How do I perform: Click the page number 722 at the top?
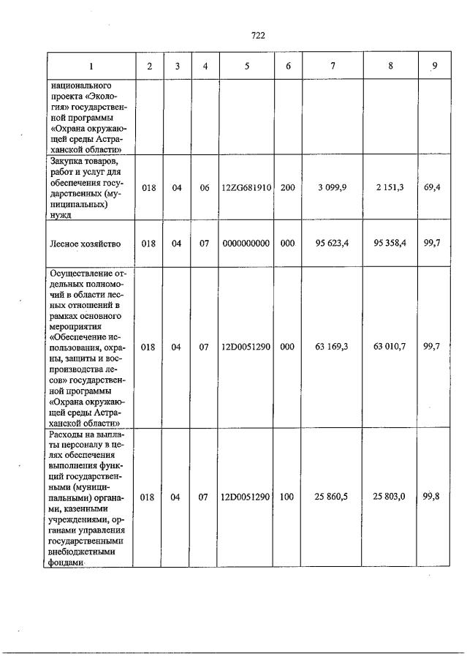click(257, 34)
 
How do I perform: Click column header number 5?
click(247, 66)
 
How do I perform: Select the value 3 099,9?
click(333, 187)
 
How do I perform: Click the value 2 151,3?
click(390, 187)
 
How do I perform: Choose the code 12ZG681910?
click(247, 187)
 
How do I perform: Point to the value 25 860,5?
click(333, 497)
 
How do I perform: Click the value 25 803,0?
click(390, 497)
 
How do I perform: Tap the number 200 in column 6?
click(287, 187)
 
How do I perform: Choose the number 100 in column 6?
click(287, 497)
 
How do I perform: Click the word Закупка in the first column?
click(67, 161)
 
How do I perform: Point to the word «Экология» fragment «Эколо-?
click(103, 96)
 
